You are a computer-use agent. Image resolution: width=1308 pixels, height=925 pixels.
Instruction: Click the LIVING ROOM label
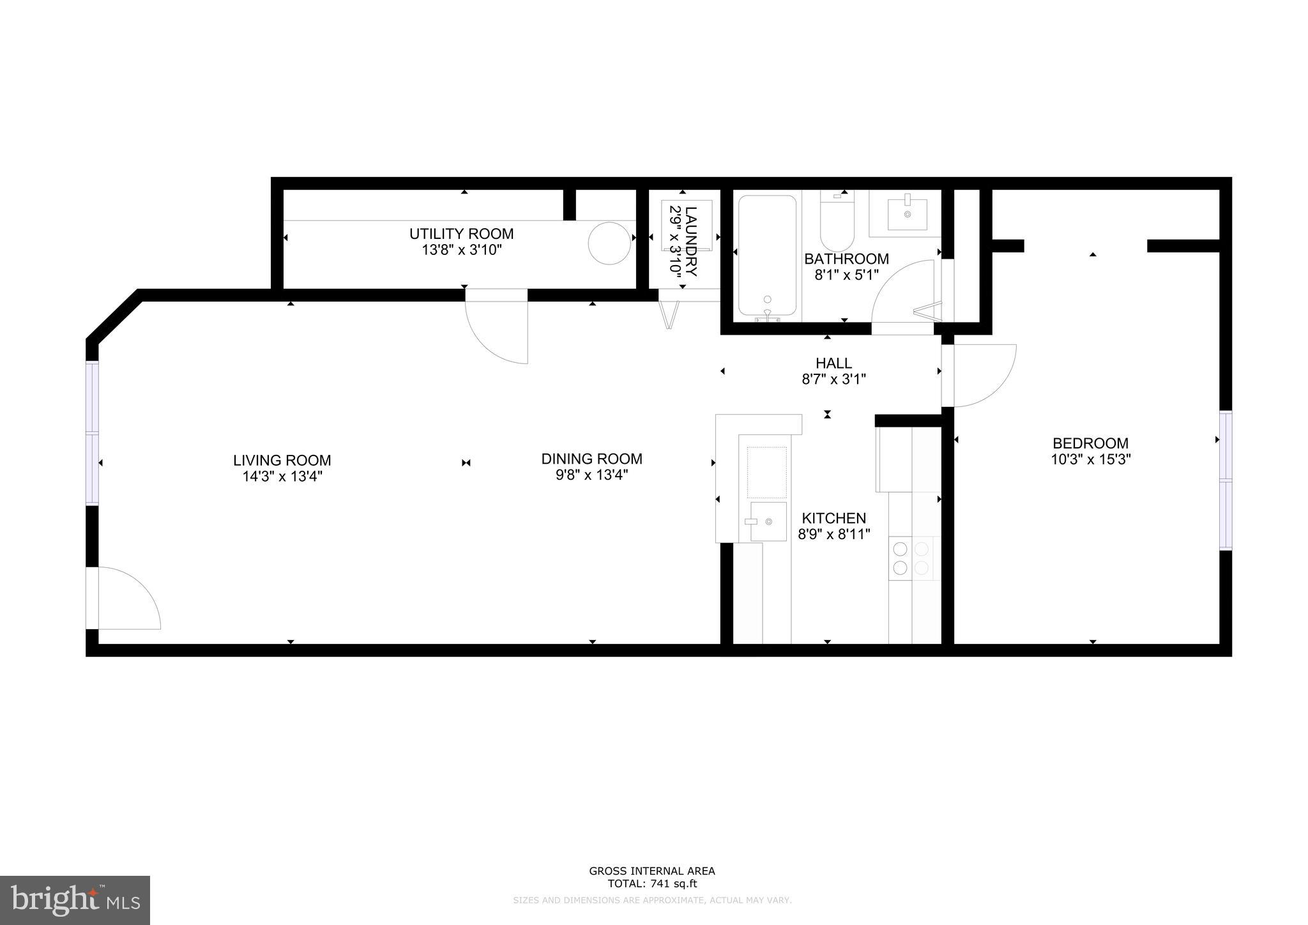(x=282, y=461)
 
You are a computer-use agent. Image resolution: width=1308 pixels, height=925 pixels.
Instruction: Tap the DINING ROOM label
(x=591, y=459)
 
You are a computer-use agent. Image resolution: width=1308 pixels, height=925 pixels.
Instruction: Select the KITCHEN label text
(x=833, y=518)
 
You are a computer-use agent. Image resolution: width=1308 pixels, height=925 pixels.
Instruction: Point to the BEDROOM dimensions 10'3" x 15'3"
(x=1090, y=459)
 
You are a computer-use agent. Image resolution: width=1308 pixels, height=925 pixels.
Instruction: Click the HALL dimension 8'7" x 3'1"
(x=833, y=379)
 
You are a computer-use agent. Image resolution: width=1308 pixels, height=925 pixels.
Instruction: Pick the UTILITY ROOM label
(x=461, y=234)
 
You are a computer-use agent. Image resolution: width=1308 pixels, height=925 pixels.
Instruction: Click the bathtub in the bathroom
(x=767, y=256)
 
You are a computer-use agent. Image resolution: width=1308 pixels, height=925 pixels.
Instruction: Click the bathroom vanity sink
(x=907, y=213)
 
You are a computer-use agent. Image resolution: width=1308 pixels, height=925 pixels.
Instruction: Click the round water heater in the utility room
(x=610, y=243)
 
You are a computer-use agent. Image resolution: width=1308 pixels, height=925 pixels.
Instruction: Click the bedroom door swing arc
(x=980, y=376)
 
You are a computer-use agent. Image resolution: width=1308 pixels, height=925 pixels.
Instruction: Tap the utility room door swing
(x=497, y=329)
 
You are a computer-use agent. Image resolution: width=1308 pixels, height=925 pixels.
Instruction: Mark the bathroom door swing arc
(x=901, y=291)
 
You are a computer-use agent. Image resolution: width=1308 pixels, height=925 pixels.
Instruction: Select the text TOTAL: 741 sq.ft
(x=651, y=884)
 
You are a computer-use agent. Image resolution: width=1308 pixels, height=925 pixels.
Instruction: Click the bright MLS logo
(x=75, y=900)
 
